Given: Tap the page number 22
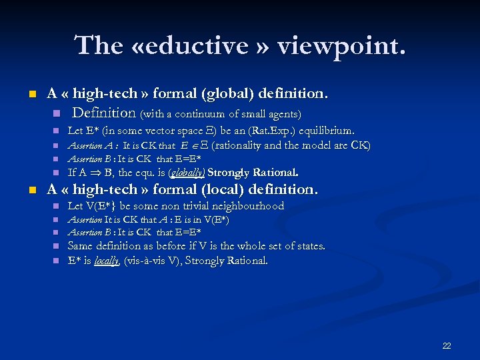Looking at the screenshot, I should tap(447, 345).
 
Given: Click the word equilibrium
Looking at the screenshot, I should tap(326, 131).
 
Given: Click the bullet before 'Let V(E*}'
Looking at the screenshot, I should tap(57, 207).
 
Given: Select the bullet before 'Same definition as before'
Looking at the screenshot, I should tap(57, 247).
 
